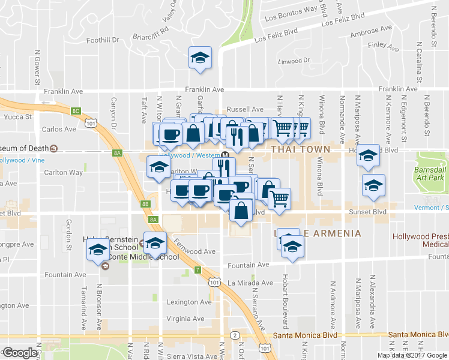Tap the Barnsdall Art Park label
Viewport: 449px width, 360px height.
coord(432,174)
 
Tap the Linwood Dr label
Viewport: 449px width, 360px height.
coord(294,61)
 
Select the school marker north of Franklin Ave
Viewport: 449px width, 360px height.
coord(200,58)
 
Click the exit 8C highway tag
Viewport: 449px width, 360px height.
coord(76,110)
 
